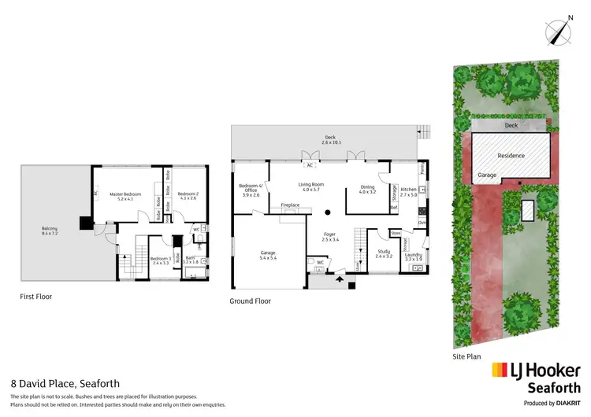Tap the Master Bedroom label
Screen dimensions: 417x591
click(x=127, y=197)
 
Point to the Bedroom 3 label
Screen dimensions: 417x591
click(x=161, y=261)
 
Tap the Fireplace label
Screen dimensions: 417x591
click(x=291, y=205)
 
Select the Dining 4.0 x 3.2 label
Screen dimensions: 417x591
click(x=368, y=190)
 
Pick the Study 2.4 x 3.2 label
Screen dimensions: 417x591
click(x=383, y=254)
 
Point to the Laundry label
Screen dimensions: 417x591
click(x=414, y=256)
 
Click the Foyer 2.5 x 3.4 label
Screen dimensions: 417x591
click(x=329, y=236)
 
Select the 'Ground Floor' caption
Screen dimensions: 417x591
click(x=250, y=301)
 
